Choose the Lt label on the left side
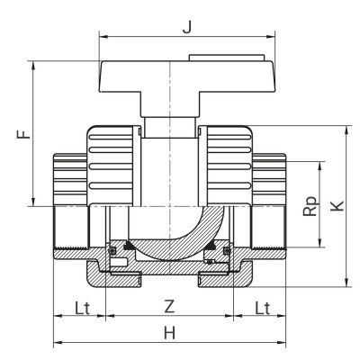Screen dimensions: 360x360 pos(80,307)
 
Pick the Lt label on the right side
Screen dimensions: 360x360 pos(261,307)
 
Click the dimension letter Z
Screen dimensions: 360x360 pos(168,307)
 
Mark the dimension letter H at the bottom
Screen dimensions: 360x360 pos(168,332)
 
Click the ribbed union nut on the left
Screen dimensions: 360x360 pos(112,162)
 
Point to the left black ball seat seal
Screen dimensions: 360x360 pos(129,246)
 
